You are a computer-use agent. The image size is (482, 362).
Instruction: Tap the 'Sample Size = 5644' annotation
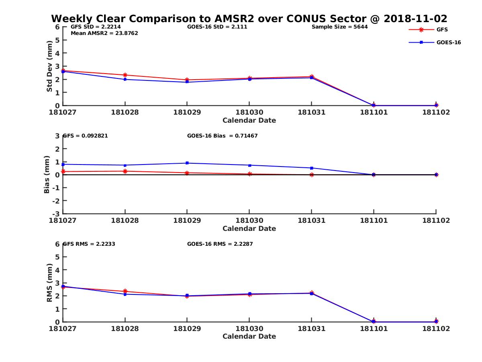[339, 27]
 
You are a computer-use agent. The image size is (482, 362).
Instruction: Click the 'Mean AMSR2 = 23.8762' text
[104, 33]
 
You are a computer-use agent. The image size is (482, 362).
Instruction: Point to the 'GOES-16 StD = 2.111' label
[217, 27]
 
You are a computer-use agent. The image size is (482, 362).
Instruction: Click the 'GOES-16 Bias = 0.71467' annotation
[222, 136]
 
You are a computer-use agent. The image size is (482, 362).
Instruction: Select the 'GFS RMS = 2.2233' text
[89, 244]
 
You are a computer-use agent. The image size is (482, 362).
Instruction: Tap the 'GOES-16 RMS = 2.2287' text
[220, 244]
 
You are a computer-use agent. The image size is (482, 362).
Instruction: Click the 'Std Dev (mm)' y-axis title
[49, 66]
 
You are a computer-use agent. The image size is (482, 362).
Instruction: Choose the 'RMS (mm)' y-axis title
[49, 283]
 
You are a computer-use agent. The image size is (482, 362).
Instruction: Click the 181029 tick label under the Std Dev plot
[187, 112]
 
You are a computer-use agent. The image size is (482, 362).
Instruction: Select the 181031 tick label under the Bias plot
[311, 220]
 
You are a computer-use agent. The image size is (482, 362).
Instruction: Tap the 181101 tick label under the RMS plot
[374, 329]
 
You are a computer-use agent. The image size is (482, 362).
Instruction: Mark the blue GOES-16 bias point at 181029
[187, 163]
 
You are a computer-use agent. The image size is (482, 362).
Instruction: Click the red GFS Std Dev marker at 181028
[125, 75]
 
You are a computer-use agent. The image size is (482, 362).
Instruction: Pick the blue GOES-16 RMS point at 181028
[125, 294]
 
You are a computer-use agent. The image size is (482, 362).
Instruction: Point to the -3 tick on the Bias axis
[57, 214]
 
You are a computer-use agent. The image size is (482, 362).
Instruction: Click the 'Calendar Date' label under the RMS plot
[249, 336]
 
